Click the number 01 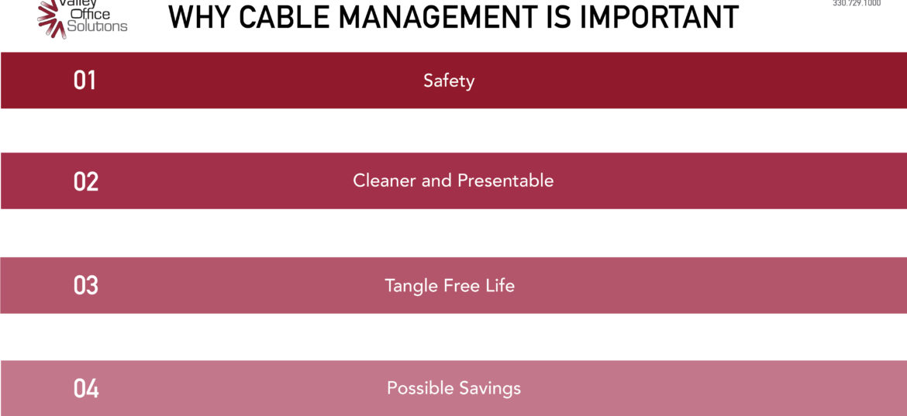84,81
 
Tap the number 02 85,181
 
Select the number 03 85,285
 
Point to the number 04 86,388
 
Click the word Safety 449,81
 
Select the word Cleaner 385,180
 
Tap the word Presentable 505,180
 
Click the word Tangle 412,285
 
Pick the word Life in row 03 499,285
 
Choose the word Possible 417,387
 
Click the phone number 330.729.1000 857,3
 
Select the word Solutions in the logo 97,26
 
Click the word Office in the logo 90,14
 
